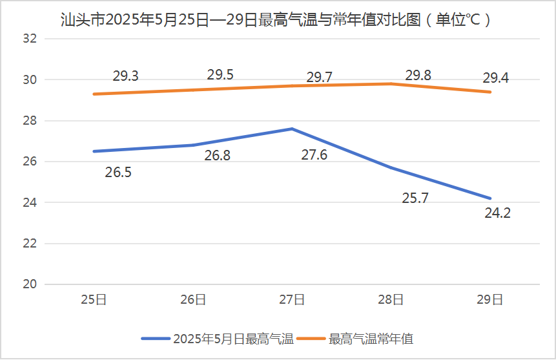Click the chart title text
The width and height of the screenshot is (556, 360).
click(277, 19)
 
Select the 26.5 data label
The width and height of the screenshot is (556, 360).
click(118, 173)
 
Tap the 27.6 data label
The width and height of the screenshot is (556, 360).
click(314, 155)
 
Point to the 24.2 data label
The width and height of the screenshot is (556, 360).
click(497, 213)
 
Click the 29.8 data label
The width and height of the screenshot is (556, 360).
click(418, 76)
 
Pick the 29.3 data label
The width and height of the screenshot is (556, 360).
click(125, 76)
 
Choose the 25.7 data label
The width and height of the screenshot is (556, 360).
click(415, 198)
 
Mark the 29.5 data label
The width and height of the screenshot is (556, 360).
click(220, 74)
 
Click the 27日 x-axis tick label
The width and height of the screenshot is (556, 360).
click(292, 299)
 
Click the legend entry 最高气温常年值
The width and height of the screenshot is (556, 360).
click(371, 338)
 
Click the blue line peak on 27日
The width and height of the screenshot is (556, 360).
click(292, 129)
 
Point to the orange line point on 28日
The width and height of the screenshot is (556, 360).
click(391, 83)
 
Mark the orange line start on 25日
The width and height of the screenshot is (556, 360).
click(94, 94)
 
